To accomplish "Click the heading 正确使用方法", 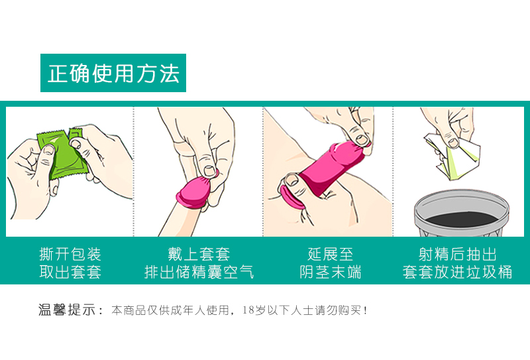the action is tap(113, 73).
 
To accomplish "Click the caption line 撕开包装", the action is tap(70, 255).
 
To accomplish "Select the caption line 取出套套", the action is tap(70, 272).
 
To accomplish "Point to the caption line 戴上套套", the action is tap(199, 255).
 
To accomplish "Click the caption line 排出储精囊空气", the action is tap(199, 272).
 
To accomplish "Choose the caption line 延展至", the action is tap(330, 255).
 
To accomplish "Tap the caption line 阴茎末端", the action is tap(330, 272).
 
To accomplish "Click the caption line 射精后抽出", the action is tap(457, 255).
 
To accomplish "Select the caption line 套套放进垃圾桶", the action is tap(457, 272).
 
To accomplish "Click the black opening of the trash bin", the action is tap(461, 219).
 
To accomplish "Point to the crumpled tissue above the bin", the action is tap(453, 156).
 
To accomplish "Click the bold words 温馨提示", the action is tap(67, 310).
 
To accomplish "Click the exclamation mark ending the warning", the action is tap(365, 310).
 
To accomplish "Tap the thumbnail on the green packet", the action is tap(49, 150).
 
